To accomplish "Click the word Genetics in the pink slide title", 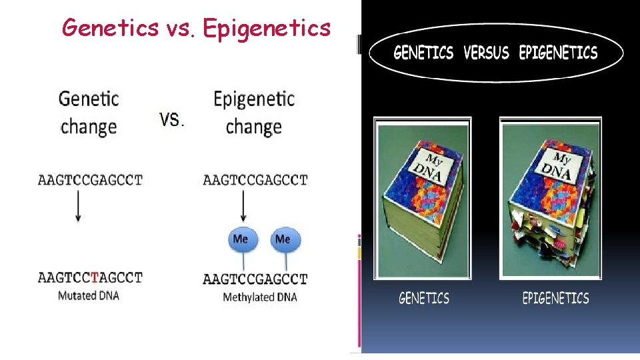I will pos(109,27).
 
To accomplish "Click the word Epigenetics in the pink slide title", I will pos(267,28).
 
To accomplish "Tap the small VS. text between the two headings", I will pos(172,120).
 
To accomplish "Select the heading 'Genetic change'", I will pos(89,113).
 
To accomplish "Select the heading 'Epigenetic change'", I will pos(254,113).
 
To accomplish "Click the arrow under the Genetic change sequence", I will pos(78,207).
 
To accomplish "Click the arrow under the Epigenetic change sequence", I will pos(243,207).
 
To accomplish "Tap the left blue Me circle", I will pos(241,239).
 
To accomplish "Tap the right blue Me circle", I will pos(283,239).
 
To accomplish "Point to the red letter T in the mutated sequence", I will pos(95,277).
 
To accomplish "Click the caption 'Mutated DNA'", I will pos(89,295).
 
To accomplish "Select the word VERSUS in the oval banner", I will pos(486,53).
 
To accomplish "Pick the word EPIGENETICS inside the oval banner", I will pos(558,53).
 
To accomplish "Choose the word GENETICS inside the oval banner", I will pos(423,53).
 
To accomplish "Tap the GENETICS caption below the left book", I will pos(424,298).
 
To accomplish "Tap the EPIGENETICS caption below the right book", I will pos(555,298).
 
